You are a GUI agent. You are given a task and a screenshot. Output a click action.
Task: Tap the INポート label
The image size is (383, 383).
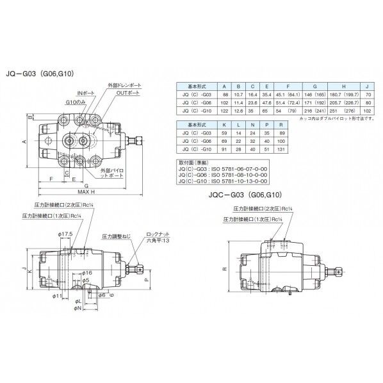coord(85,94)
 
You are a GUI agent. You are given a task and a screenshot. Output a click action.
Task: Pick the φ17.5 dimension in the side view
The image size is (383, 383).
coord(63,234)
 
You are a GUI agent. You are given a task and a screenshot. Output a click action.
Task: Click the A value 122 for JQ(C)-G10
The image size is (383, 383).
coord(224,110)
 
